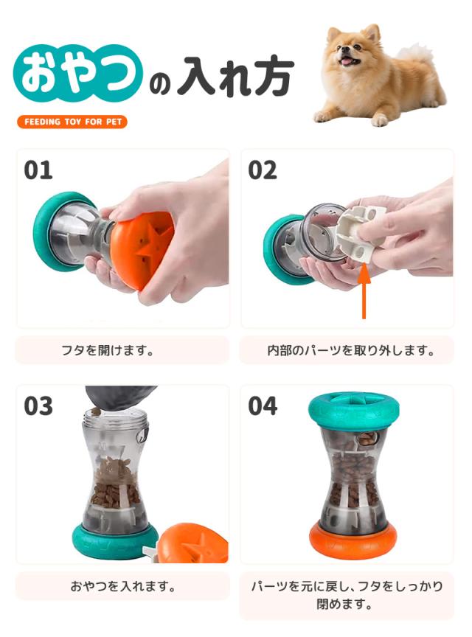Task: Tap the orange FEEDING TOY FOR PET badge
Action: coord(72,122)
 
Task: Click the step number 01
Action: coord(38,170)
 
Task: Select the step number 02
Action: coord(263,170)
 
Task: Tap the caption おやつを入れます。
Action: coord(122,587)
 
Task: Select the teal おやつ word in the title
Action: coord(77,74)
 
